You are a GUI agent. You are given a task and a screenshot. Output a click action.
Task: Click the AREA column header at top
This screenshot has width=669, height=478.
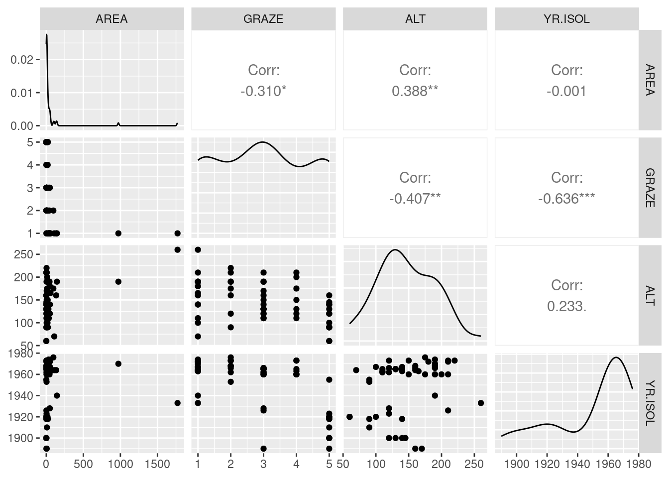111,19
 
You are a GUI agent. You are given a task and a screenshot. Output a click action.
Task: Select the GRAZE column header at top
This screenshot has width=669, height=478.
263,19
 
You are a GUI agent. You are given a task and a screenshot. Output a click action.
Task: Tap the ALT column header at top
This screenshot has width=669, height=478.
415,19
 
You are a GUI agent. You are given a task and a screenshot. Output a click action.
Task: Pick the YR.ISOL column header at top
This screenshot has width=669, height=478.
566,19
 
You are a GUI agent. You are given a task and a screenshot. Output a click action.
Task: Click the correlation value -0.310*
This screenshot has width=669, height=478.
263,91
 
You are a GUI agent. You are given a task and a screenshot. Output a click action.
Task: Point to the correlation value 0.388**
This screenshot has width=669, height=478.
415,91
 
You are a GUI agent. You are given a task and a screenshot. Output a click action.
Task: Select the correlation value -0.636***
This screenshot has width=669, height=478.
566,199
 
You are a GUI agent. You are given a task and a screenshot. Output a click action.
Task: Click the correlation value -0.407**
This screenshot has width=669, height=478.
415,199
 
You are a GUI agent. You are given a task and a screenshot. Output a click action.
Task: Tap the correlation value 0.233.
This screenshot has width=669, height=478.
566,306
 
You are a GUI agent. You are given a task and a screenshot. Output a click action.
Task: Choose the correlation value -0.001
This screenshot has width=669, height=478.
566,91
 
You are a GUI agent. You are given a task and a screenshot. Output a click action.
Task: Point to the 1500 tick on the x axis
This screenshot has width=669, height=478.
157,464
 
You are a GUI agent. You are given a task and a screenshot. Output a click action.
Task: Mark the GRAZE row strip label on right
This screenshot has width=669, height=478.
650,187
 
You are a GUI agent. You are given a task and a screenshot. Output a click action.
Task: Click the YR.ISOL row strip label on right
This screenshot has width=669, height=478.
650,402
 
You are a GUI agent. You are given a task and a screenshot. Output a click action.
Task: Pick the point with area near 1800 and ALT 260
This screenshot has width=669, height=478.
178,249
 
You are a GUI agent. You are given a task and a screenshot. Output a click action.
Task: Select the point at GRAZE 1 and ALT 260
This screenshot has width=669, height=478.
198,249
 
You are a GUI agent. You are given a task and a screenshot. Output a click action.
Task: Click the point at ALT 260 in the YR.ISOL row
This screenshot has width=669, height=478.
481,403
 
